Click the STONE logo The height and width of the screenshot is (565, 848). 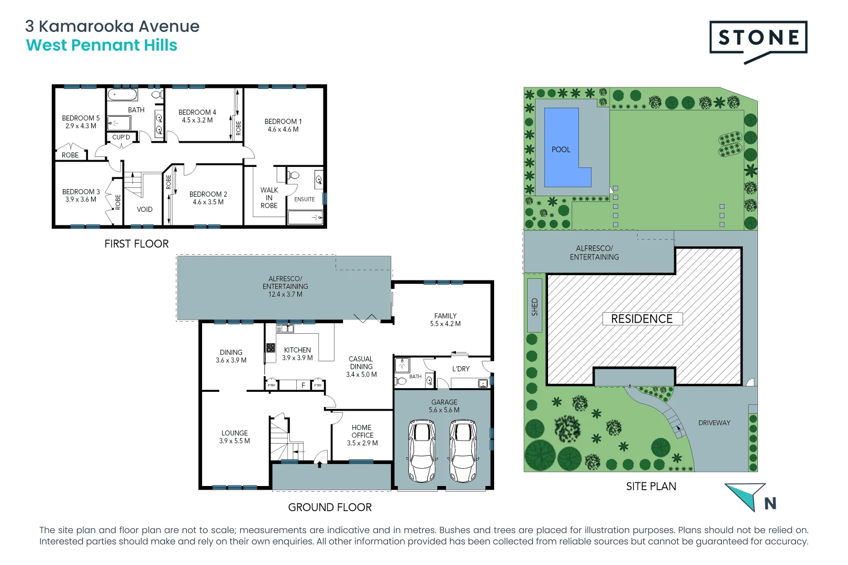758,38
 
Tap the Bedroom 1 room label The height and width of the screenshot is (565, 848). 283,121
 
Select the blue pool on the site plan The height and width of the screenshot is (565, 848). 562,149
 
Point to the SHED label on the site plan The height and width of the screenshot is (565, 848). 534,307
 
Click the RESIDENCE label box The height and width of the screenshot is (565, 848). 642,319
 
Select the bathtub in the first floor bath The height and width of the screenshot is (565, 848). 122,95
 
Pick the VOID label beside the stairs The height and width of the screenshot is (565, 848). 144,209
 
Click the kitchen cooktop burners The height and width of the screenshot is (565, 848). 271,348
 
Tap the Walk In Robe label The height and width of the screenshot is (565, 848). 269,198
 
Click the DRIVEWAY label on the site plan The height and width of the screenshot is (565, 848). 714,423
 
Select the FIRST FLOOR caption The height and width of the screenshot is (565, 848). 136,244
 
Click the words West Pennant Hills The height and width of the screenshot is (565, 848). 102,46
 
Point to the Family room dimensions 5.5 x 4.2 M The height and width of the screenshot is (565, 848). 445,324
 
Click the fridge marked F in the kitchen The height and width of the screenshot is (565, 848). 303,386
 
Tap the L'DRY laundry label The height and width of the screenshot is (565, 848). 461,369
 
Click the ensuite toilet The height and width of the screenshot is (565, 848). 293,175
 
